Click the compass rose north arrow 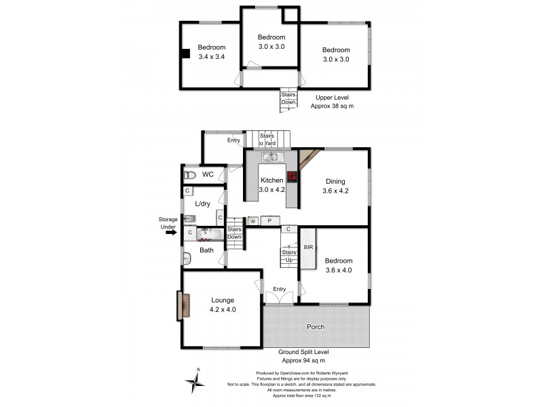[x=195, y=382]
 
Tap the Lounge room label [x=223, y=305]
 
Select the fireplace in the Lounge [x=180, y=306]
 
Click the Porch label [x=316, y=327]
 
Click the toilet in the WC [x=190, y=175]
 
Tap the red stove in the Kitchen [x=293, y=177]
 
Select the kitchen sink [x=269, y=157]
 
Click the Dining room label [x=335, y=186]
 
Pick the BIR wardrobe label [x=307, y=247]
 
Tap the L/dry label [x=203, y=203]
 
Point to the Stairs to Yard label [x=266, y=140]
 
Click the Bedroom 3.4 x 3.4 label [x=211, y=52]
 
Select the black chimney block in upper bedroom [x=185, y=55]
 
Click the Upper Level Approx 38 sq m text [x=332, y=102]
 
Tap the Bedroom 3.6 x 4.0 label [x=338, y=265]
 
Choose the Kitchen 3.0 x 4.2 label [x=271, y=185]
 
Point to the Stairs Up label [x=288, y=256]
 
